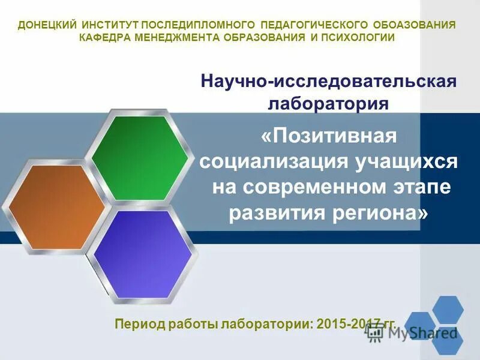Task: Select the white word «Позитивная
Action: (329, 136)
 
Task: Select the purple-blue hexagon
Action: (143, 254)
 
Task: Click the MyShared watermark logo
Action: (420, 330)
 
